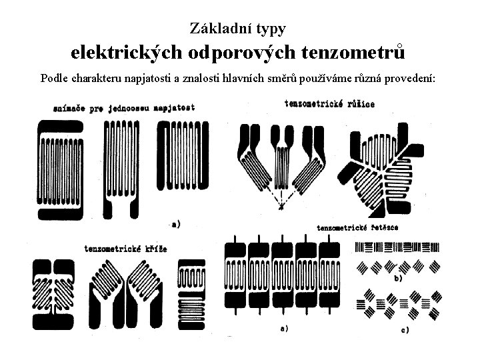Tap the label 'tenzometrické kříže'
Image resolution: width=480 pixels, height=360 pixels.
126,249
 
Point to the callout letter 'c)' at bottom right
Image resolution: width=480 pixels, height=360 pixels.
404,329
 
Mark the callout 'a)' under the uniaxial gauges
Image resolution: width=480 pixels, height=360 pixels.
176,224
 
